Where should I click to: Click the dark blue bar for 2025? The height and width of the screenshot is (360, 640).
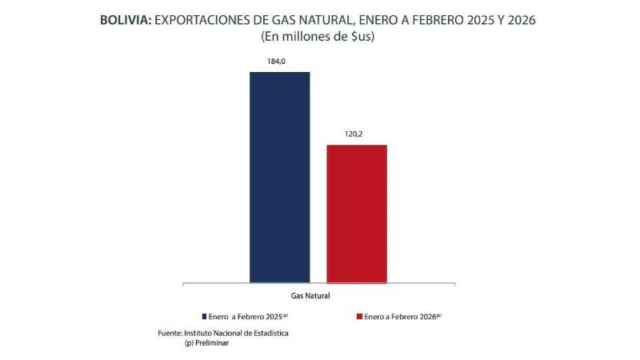[x=279, y=177]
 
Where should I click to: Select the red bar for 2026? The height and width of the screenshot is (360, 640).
[x=356, y=214]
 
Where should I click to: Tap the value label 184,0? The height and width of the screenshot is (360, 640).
[x=279, y=61]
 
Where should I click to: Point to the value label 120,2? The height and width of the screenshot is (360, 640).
[x=356, y=134]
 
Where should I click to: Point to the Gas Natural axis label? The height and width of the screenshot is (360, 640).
[x=318, y=295]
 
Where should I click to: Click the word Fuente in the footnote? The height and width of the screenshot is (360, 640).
[x=170, y=332]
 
